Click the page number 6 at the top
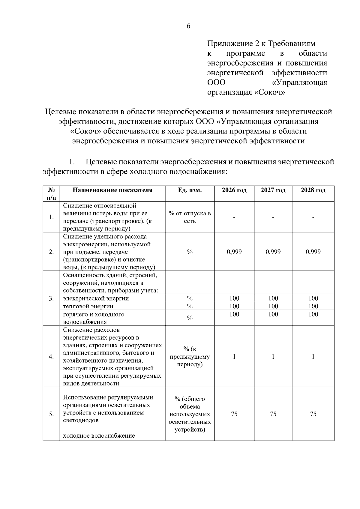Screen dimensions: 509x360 (188, 26)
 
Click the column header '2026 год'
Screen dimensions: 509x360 (234, 190)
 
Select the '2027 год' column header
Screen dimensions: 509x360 (273, 190)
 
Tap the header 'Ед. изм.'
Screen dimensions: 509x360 (190, 190)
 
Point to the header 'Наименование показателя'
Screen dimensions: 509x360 (112, 190)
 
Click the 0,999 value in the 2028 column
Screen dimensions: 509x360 (313, 252)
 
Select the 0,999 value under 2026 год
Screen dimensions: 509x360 (234, 252)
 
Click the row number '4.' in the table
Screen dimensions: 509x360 (51, 356)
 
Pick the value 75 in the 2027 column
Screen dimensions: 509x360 (273, 414)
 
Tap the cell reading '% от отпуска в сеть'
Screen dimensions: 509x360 (190, 217)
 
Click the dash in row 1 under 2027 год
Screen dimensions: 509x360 (273, 217)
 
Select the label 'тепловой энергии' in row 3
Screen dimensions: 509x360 (88, 306)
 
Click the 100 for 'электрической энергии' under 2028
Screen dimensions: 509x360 (313, 298)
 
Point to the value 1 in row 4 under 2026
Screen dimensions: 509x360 (234, 356)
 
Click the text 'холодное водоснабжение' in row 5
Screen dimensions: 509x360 (99, 436)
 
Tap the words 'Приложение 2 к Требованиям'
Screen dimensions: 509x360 (261, 44)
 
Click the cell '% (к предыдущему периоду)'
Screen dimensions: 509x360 (190, 356)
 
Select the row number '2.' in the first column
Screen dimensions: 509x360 (51, 252)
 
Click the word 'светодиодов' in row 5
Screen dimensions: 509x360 (81, 420)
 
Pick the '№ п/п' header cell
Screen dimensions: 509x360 (51, 194)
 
